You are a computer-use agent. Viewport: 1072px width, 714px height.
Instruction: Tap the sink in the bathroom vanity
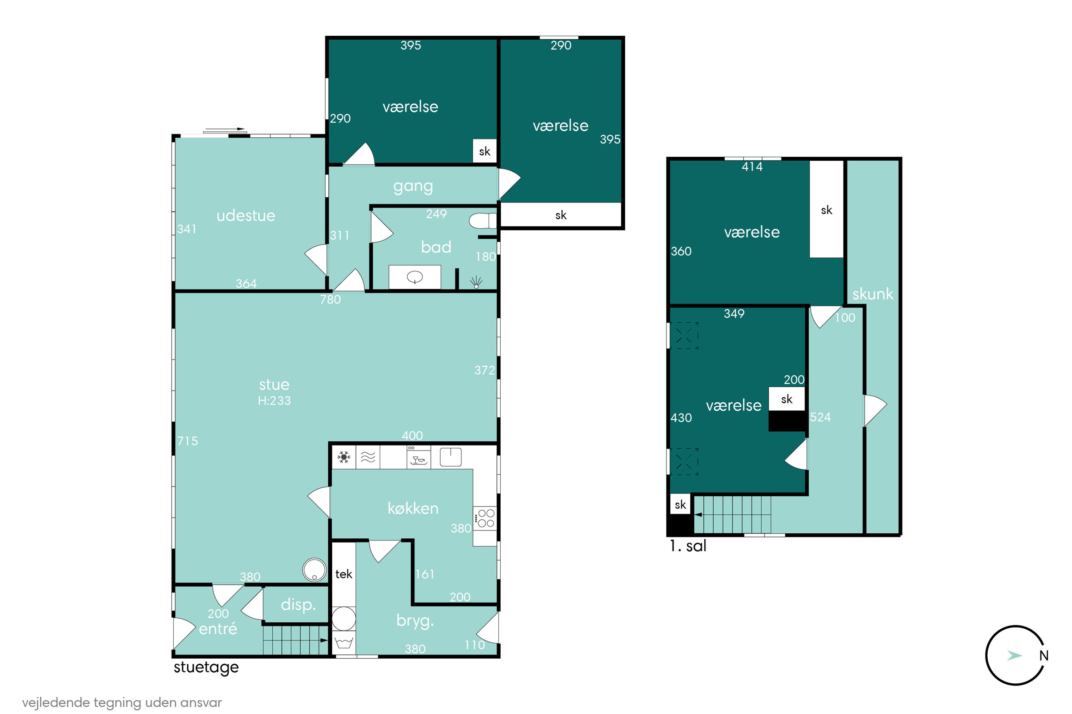pos(415,276)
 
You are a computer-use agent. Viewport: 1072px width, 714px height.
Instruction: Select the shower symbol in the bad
pos(476,282)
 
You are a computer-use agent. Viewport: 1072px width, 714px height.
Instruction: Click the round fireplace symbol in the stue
pos(314,570)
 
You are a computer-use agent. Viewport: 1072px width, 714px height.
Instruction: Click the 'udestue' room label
pos(246,215)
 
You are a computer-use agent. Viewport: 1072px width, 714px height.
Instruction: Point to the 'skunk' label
pos(873,294)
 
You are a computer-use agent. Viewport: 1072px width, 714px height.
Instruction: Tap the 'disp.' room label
pos(298,605)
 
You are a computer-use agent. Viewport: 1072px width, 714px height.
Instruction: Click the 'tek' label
pos(344,574)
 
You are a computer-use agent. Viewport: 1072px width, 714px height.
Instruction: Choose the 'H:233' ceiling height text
pos(274,401)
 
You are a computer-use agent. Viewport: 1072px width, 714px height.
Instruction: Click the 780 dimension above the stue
pos(331,300)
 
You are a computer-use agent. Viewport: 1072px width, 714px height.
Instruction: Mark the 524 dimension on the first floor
pos(820,417)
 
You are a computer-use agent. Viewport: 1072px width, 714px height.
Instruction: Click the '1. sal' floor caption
pos(688,546)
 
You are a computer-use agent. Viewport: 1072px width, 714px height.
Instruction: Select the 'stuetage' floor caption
pos(206,668)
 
